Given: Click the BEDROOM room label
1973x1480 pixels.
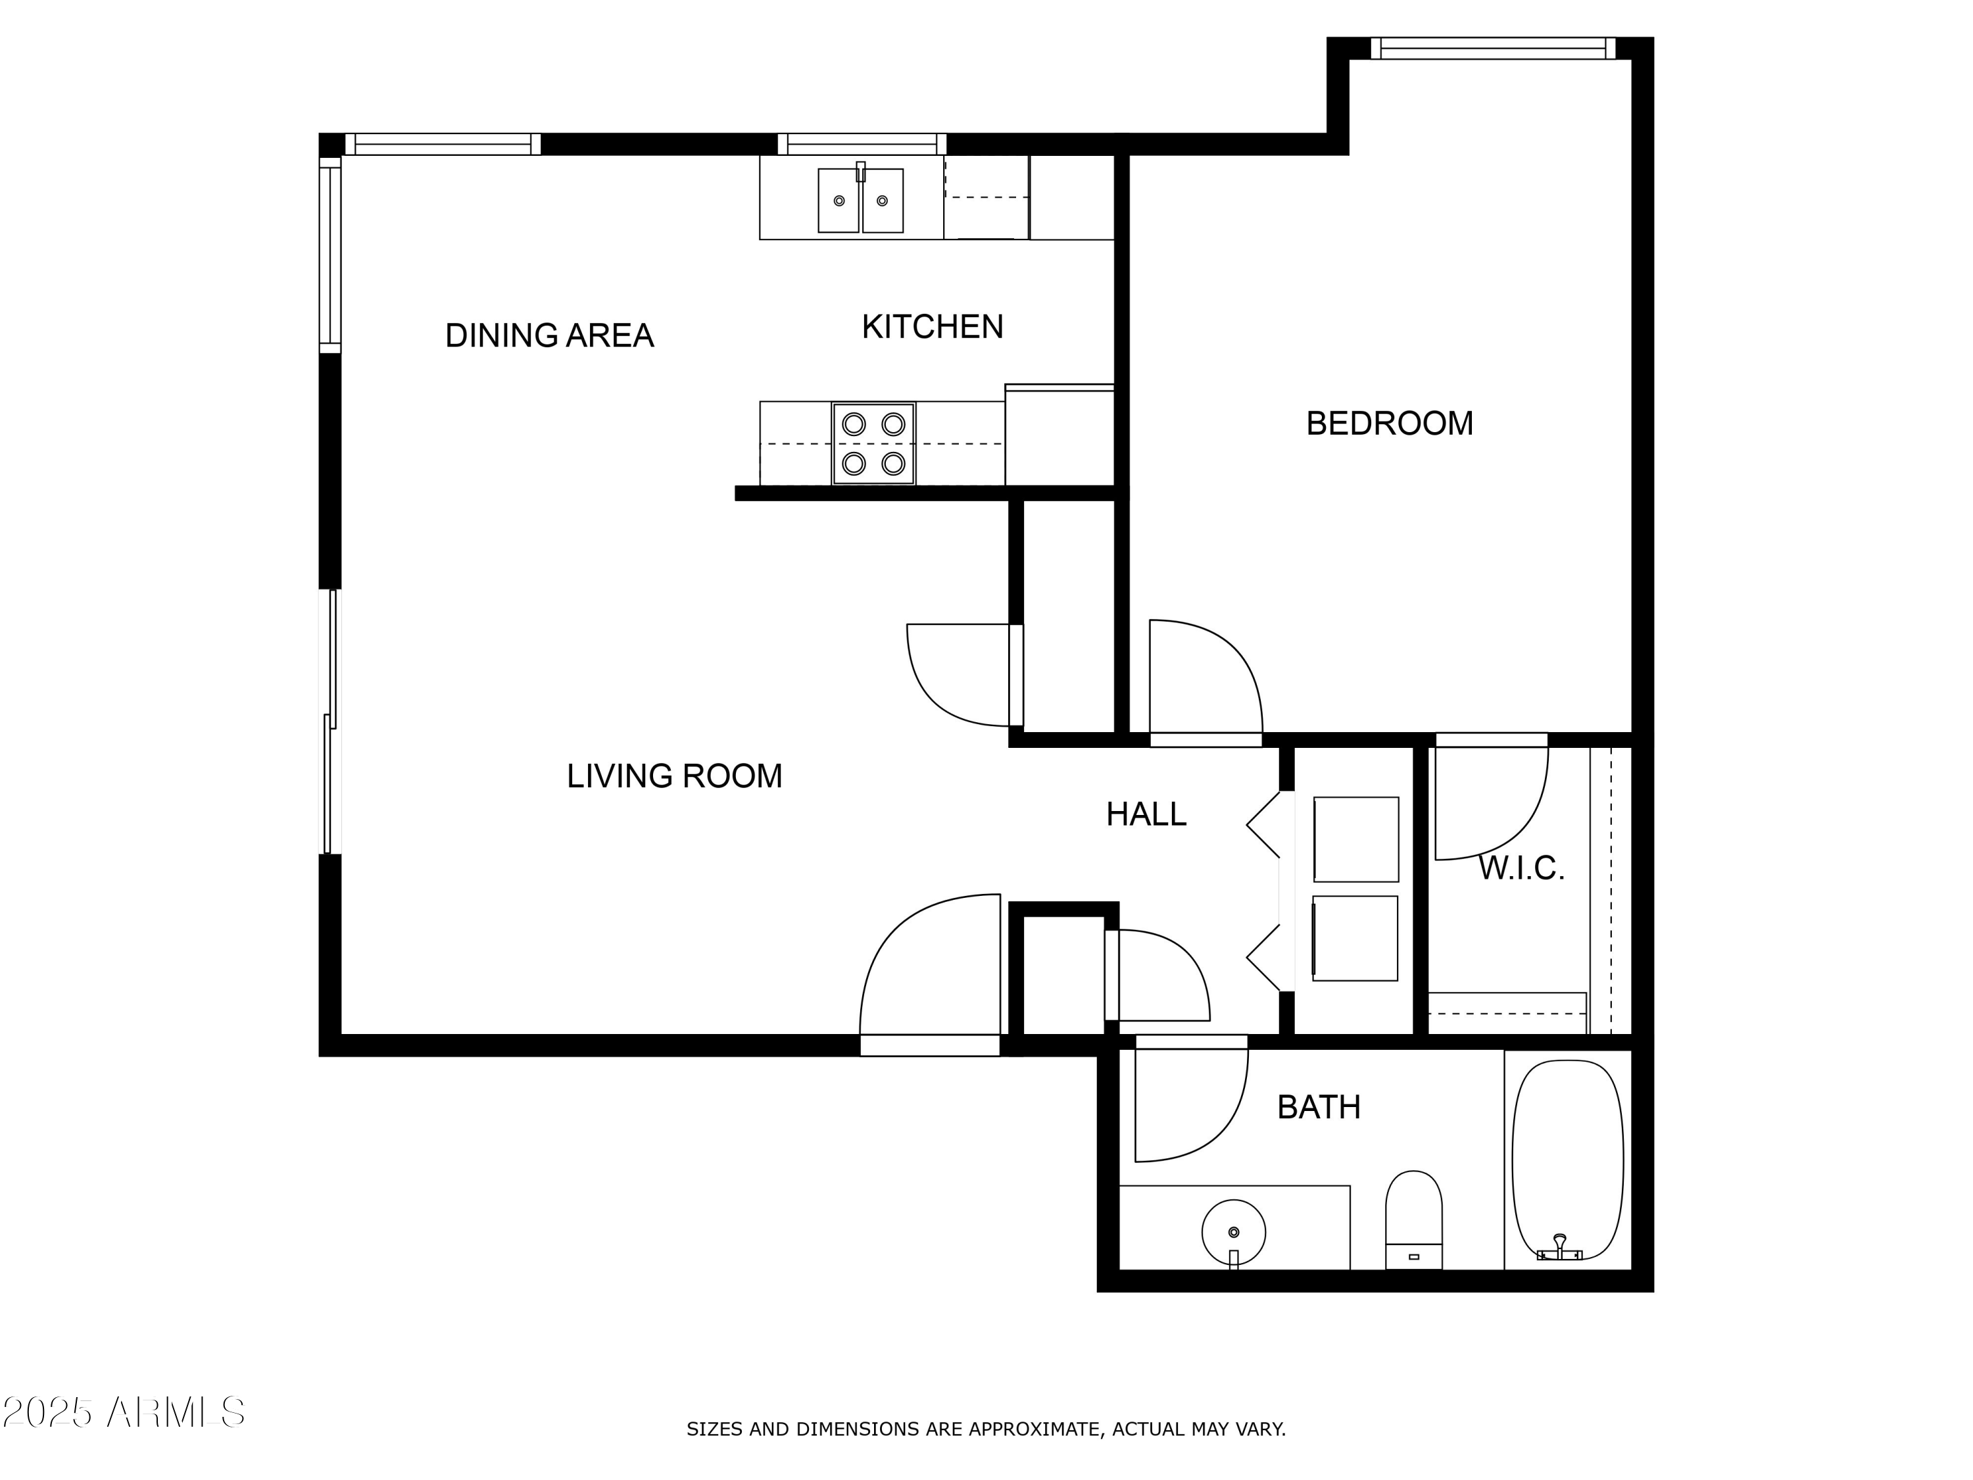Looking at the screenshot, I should pos(1389,423).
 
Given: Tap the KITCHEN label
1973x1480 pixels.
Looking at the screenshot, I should pos(932,328).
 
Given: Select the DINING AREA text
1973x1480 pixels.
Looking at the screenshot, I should pos(549,335).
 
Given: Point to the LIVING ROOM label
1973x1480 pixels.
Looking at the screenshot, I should pos(674,776).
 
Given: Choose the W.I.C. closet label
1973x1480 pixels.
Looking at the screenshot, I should pos(1521,868).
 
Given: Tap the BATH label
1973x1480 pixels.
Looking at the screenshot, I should pos(1319,1107).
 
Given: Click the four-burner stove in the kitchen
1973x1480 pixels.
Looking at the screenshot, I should pos(873,443).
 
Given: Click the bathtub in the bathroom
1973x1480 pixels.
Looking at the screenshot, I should pos(1567,1159).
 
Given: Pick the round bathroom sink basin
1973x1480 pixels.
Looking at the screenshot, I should pos(1234,1232).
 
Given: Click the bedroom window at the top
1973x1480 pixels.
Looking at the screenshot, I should pos(1492,48).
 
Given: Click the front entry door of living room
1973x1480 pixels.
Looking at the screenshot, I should pos(931,972).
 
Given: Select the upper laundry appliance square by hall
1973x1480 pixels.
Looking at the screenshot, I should pos(1355,839).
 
